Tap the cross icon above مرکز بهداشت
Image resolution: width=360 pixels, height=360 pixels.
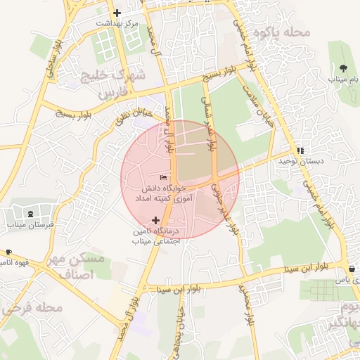coord(117,13)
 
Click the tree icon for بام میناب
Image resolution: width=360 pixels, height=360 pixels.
coord(343,68)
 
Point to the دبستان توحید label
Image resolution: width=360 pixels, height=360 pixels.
coord(300,161)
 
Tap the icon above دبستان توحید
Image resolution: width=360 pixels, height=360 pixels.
coord(300,150)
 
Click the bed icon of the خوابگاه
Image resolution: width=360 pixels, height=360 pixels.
coord(164,177)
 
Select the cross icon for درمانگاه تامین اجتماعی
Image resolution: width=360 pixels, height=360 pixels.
coord(156,220)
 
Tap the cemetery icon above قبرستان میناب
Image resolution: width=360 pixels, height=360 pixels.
coord(30,214)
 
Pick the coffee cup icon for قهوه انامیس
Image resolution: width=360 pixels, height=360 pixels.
coord(8,252)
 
